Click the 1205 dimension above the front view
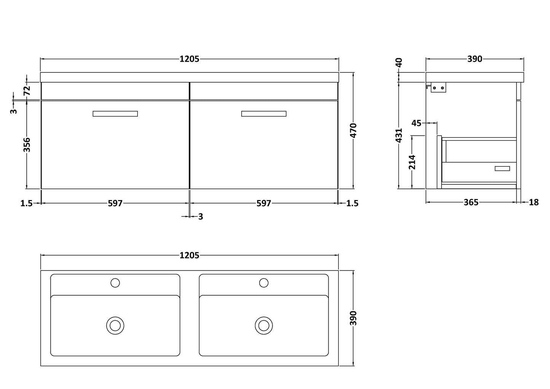tap(189, 59)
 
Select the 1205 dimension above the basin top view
tap(189, 255)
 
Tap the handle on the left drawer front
tap(115, 114)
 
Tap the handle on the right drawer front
tap(263, 114)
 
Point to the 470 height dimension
tap(353, 130)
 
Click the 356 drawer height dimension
tap(27, 145)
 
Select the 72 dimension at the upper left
tap(27, 91)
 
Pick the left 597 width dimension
tap(115, 203)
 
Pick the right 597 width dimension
tap(263, 203)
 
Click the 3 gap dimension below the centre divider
tap(200, 217)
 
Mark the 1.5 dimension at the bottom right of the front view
tap(352, 203)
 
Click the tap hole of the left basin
tap(115, 283)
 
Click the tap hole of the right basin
tap(263, 283)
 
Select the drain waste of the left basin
tap(115, 325)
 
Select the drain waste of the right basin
tap(263, 325)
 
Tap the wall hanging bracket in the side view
tap(438, 88)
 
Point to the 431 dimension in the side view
tap(399, 135)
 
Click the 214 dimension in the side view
tap(412, 162)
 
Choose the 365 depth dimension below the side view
tap(471, 202)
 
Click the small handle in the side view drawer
tap(502, 168)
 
